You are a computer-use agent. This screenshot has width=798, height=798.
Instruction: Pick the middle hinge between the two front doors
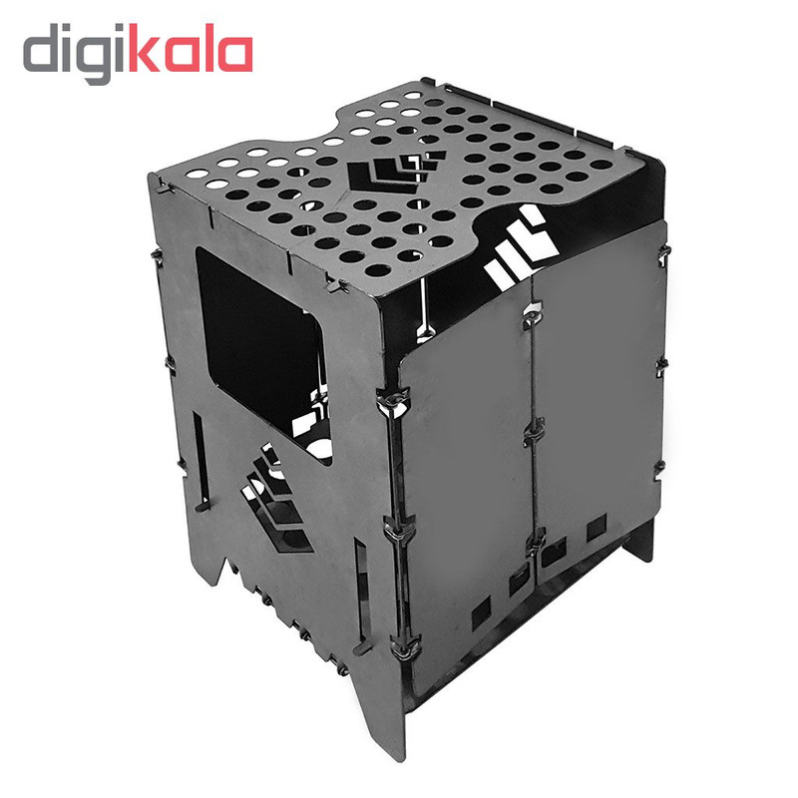tap(534, 433)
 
